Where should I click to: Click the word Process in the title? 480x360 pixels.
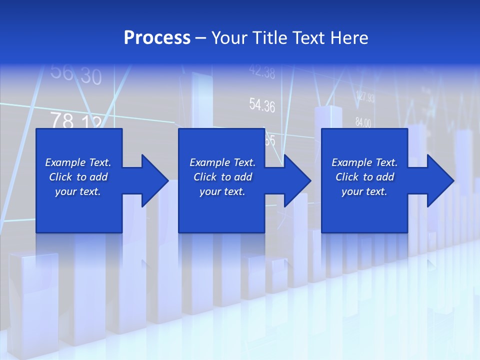tap(157, 38)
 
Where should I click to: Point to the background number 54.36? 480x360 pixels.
tap(262, 105)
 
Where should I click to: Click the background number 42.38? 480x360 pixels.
tap(262, 72)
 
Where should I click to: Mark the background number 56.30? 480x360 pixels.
tap(76, 75)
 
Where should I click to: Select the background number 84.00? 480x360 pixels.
tap(363, 122)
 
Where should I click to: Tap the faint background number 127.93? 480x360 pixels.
tap(365, 97)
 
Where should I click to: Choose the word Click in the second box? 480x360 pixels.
tap(205, 177)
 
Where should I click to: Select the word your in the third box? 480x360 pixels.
tap(351, 191)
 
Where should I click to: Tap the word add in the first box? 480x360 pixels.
tap(99, 177)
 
